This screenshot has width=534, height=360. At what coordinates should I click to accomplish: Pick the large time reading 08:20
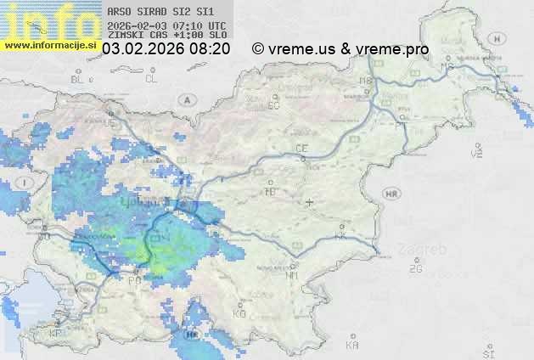(210, 49)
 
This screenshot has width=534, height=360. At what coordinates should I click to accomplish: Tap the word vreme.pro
(392, 49)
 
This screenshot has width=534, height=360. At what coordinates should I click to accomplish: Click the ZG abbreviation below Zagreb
(415, 269)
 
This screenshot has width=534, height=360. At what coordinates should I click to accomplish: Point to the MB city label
(367, 82)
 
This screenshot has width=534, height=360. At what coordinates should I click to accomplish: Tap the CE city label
(301, 149)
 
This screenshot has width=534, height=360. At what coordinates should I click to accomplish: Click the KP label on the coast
(56, 333)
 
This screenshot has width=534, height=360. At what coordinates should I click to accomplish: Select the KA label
(352, 345)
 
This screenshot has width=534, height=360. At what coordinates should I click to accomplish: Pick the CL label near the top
(151, 79)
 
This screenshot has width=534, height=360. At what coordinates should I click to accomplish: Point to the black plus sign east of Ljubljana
(311, 202)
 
